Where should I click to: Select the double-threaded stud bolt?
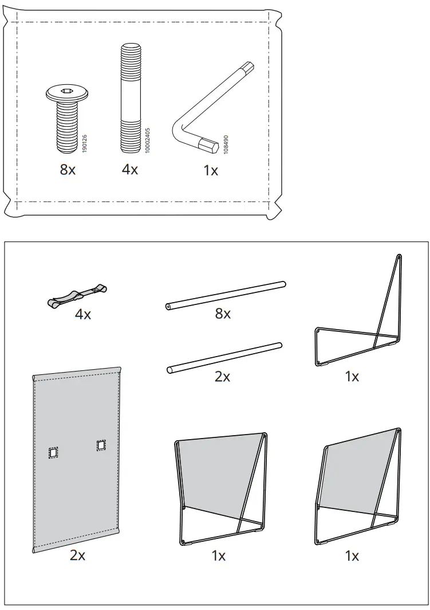[x=131, y=98]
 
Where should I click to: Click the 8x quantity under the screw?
[x=68, y=169]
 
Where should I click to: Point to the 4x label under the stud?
[x=130, y=169]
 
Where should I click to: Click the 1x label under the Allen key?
[x=211, y=170]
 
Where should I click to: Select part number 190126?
[x=85, y=143]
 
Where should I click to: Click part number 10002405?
[x=147, y=140]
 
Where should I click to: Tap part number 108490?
[x=226, y=144]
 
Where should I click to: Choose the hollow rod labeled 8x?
[x=226, y=295]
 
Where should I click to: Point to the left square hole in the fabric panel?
[x=53, y=452]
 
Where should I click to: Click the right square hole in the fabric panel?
[x=101, y=445]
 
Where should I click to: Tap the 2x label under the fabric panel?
[x=77, y=555]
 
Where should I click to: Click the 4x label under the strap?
[x=83, y=314]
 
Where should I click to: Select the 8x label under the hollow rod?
[x=223, y=314]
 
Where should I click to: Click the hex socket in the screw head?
[x=68, y=92]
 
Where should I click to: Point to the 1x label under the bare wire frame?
[x=352, y=376]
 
